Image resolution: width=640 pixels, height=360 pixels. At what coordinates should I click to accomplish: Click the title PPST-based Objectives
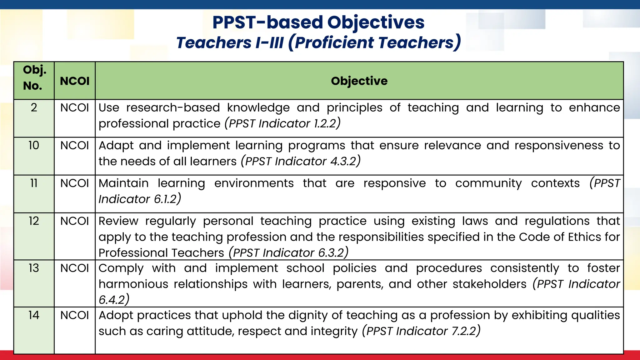pyautogui.click(x=318, y=22)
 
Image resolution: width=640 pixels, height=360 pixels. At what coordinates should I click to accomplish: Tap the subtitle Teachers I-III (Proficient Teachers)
pyautogui.click(x=318, y=42)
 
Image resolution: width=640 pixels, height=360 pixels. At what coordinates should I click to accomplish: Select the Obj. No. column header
pyautogui.click(x=34, y=78)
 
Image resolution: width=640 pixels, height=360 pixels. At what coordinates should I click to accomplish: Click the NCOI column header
pyautogui.click(x=75, y=81)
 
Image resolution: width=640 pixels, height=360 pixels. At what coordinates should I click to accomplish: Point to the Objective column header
pyautogui.click(x=359, y=81)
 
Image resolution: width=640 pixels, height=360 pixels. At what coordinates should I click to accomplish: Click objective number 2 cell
pyautogui.click(x=34, y=108)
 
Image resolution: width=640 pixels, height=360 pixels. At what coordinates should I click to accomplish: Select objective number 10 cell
pyautogui.click(x=34, y=146)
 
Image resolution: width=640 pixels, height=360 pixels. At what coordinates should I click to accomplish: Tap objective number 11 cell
pyautogui.click(x=34, y=183)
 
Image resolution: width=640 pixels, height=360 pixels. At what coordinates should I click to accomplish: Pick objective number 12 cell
pyautogui.click(x=34, y=221)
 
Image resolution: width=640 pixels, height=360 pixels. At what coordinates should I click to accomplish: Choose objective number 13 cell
pyautogui.click(x=34, y=268)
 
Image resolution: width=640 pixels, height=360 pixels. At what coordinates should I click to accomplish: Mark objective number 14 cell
pyautogui.click(x=34, y=315)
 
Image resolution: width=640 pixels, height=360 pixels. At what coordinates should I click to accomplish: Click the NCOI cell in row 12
pyautogui.click(x=75, y=221)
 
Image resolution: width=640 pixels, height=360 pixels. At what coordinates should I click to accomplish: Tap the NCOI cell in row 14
pyautogui.click(x=75, y=315)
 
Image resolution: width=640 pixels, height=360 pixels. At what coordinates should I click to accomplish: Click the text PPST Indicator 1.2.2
pyautogui.click(x=282, y=123)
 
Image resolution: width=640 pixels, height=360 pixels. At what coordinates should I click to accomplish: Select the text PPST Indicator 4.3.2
pyautogui.click(x=301, y=161)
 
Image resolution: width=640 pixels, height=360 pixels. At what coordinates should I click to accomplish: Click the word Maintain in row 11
pyautogui.click(x=123, y=183)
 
